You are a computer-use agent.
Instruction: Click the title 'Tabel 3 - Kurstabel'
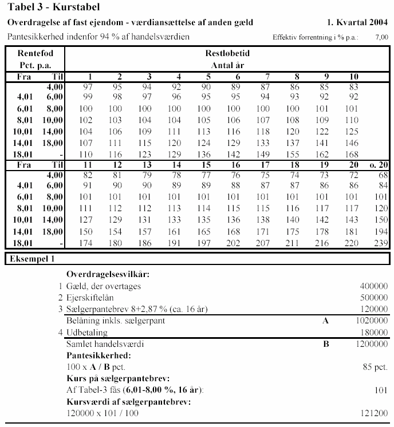53,7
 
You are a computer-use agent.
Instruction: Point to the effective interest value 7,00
381,37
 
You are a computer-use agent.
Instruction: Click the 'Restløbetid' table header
227,53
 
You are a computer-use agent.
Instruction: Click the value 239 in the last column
380,243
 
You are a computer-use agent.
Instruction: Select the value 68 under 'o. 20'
382,174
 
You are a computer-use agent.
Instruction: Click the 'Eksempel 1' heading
31,259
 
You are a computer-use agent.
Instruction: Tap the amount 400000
373,286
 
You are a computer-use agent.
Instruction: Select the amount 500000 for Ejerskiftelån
373,298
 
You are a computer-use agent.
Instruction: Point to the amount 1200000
371,344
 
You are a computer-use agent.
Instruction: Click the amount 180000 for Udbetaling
373,332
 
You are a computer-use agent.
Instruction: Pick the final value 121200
373,413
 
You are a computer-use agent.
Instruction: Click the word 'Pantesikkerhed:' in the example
94,355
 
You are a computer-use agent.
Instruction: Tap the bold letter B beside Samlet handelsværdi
326,344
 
